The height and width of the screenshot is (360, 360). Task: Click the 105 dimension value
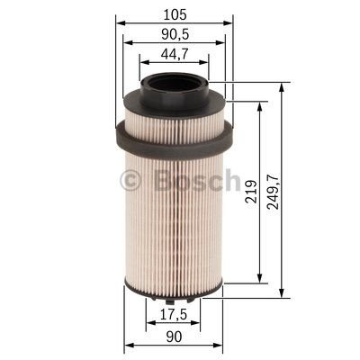click(x=175, y=14)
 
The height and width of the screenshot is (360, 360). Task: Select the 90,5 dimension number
click(x=175, y=34)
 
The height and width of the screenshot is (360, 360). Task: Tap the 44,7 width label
click(x=175, y=54)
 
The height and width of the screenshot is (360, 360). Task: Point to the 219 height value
click(x=251, y=192)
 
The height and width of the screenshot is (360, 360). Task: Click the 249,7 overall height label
click(x=274, y=191)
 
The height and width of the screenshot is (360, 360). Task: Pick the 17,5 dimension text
click(x=174, y=315)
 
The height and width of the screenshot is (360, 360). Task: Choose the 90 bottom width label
click(x=174, y=337)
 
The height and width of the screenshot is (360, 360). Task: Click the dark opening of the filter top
click(x=174, y=83)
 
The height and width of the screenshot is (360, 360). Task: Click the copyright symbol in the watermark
click(x=130, y=181)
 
